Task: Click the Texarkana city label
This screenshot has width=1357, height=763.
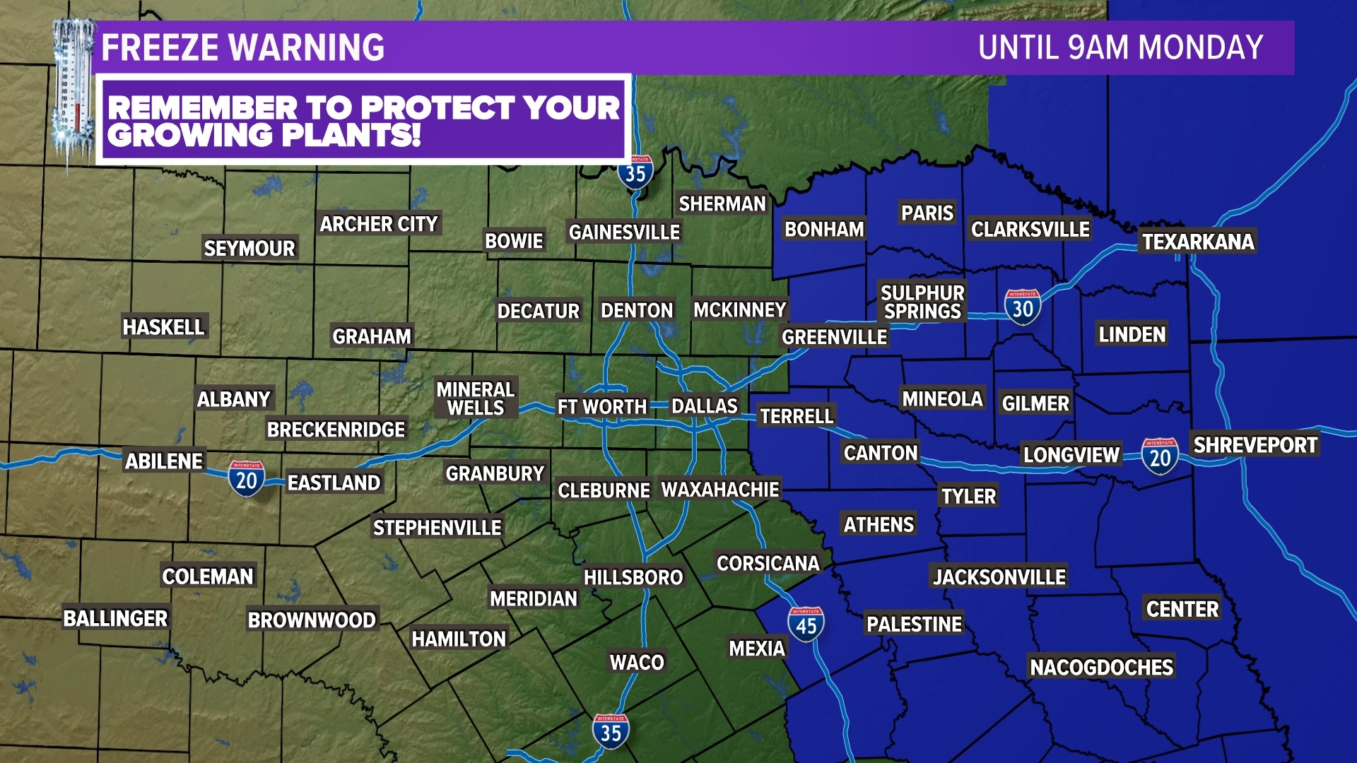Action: point(1198,242)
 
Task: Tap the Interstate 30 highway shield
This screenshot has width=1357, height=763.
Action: point(1022,307)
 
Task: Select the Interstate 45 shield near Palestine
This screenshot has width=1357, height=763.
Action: point(806,624)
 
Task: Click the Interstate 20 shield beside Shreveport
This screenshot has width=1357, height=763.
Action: point(1160,456)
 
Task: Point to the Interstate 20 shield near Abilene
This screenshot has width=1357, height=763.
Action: point(246,479)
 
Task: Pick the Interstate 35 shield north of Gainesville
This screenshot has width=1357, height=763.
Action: point(635,172)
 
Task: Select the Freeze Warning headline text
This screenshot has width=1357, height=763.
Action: point(242,48)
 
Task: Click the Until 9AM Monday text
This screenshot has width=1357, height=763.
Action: point(1120,48)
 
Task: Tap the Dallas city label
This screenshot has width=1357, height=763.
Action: point(704,406)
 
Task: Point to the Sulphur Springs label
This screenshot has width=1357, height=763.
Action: point(922,302)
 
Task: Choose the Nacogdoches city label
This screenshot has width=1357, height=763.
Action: point(1101,667)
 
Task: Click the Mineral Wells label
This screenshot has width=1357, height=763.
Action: point(475,398)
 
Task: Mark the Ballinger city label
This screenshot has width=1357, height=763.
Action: point(115,618)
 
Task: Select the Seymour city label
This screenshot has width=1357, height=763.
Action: point(249,248)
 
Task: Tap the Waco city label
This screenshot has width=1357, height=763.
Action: point(637,662)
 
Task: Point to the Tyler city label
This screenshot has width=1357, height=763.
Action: point(968,496)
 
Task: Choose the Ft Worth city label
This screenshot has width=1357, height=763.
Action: point(601,407)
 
